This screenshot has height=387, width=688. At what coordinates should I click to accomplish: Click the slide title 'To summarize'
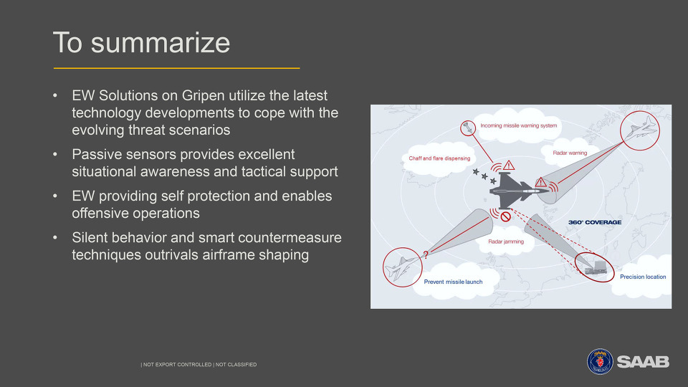click(141, 42)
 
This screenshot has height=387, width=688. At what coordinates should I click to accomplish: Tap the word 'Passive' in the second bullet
click(95, 155)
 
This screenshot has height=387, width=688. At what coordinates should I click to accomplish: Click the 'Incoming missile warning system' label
click(518, 125)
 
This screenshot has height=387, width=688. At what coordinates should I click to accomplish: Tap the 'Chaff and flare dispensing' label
click(439, 158)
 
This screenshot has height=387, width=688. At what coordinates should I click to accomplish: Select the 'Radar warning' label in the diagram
click(570, 153)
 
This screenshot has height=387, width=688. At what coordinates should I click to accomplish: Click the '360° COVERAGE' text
click(595, 222)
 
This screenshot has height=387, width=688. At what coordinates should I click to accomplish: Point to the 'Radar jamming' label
click(506, 242)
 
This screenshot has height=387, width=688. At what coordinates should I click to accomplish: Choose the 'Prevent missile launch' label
click(453, 282)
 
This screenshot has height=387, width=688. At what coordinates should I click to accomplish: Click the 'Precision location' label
click(643, 277)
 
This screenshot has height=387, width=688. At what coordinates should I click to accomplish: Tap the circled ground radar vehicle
click(595, 267)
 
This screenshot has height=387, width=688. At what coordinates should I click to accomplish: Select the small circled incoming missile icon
click(468, 128)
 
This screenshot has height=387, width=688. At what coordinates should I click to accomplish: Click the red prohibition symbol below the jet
click(505, 216)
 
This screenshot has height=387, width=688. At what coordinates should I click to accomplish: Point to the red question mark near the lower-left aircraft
click(425, 254)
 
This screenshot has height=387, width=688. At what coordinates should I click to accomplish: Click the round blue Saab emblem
click(600, 361)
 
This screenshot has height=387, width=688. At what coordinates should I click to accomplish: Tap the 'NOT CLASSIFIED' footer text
click(236, 365)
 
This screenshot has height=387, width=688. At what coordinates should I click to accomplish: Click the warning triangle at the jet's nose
click(540, 181)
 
